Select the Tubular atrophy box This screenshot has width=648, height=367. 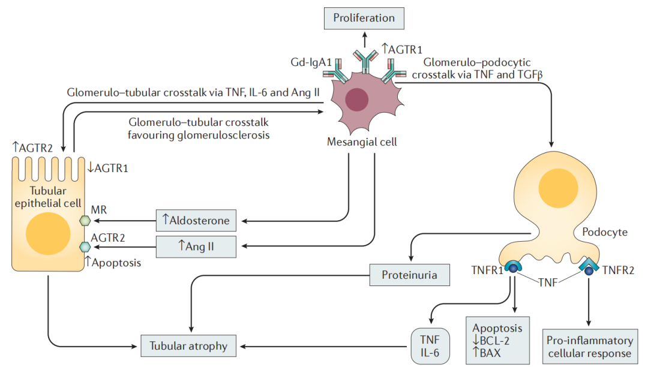(188, 346)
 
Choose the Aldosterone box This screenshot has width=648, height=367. (196, 220)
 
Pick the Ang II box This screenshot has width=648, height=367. (196, 245)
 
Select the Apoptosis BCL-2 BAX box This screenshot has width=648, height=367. (497, 339)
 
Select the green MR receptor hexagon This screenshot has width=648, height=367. (85, 220)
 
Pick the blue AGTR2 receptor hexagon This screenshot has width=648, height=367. (85, 246)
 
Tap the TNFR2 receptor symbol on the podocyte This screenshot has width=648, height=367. (589, 268)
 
